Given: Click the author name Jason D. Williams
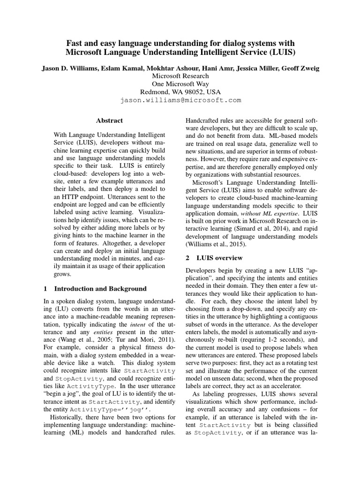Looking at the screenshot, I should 69,68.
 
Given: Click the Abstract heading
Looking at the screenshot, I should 110,120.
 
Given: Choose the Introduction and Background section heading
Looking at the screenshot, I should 101,289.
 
